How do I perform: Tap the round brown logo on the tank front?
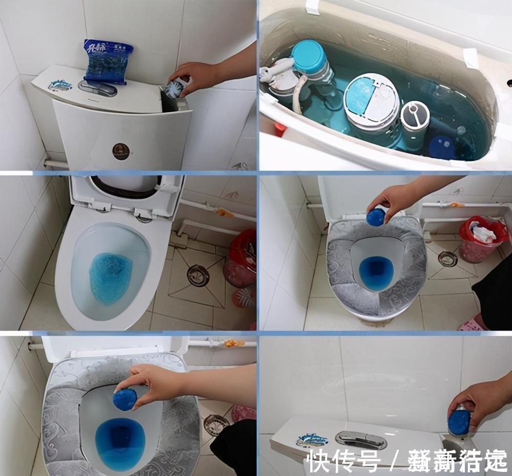[121, 151]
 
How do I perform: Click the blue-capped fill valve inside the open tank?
[309, 57]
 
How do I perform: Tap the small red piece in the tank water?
[279, 129]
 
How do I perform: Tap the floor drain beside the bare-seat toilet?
[198, 275]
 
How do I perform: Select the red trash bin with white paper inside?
[483, 238]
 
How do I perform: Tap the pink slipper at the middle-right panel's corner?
[470, 324]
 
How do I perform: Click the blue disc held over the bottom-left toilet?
[125, 399]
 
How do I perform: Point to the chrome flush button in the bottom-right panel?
[361, 439]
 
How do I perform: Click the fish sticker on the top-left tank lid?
[60, 84]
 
